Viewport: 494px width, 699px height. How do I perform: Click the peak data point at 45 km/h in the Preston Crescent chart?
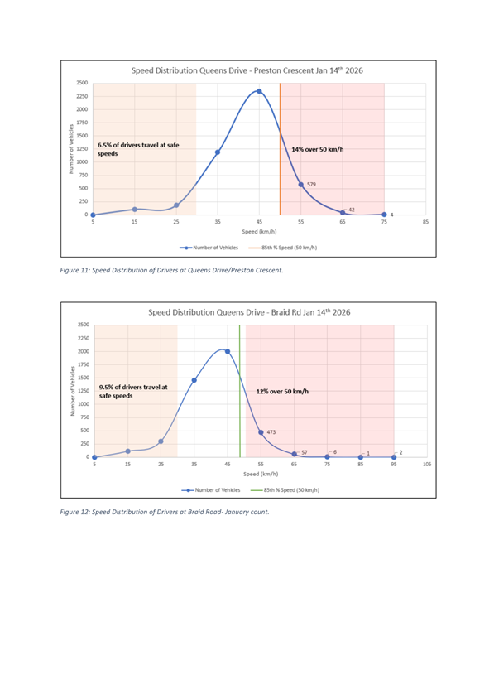coord(259,91)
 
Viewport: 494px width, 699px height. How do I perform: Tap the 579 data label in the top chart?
coord(311,184)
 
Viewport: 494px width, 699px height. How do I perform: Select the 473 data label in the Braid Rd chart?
coord(271,432)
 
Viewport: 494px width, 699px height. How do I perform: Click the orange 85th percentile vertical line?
coord(281,149)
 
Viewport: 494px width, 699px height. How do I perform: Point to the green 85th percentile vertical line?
coord(240,391)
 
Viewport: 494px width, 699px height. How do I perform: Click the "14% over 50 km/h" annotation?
coord(318,149)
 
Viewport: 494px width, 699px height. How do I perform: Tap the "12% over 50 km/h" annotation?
coord(282,392)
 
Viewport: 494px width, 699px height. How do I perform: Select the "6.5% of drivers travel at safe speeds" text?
coord(138,149)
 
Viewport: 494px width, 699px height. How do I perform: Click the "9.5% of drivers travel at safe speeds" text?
coord(133,392)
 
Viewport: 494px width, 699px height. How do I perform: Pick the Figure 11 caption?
coord(171,270)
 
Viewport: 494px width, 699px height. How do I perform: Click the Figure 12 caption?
coord(165,512)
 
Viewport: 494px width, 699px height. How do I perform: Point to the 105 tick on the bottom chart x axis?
coord(427,464)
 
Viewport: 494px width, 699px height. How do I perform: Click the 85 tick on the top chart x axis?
coord(426,222)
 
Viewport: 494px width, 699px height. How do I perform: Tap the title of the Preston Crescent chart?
coord(247,70)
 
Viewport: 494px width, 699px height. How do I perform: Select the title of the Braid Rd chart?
coord(249,312)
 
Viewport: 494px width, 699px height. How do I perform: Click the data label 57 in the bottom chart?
coord(305,452)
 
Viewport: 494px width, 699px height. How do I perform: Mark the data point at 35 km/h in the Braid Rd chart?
coord(194,380)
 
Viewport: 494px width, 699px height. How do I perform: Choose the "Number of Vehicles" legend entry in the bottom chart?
coord(211,490)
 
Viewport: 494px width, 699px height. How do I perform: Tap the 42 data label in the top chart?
coord(352,210)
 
